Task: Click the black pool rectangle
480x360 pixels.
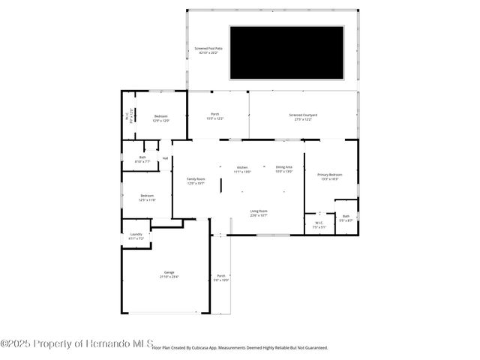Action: [286, 52]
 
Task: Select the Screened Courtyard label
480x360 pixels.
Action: [303, 116]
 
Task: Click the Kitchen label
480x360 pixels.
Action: [242, 169]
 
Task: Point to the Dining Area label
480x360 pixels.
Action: [283, 169]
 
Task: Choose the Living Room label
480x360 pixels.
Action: [259, 214]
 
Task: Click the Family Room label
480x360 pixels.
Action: [196, 180]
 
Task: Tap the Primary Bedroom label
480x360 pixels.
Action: [330, 176]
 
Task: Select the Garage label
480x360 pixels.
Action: [169, 274]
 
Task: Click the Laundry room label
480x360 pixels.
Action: [136, 235]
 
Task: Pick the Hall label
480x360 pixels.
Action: [165, 158]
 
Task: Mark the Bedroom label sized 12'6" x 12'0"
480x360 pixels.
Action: [161, 118]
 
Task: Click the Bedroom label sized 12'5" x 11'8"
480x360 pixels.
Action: [146, 198]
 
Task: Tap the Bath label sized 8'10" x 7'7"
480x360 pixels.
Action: [142, 159]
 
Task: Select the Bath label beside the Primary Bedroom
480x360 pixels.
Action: [346, 218]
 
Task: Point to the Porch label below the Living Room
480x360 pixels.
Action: [221, 277]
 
